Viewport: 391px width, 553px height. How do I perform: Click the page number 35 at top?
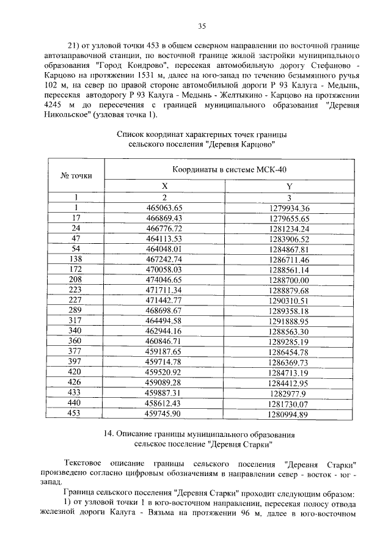(x=202, y=26)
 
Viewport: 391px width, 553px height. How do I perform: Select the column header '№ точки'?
(x=76, y=175)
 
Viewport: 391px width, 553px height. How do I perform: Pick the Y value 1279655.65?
(x=289, y=218)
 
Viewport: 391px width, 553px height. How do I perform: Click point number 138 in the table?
(x=76, y=259)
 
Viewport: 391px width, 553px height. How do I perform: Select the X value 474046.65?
(x=164, y=280)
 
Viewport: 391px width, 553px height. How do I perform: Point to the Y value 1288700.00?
(x=289, y=280)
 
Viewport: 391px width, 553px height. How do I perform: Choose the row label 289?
(x=76, y=310)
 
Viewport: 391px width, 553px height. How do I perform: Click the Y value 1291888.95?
(x=289, y=321)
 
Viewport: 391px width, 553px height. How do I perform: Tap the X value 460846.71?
(x=164, y=342)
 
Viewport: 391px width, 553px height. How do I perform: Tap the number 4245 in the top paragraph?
(x=53, y=106)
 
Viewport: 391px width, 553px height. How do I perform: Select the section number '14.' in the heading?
(x=109, y=434)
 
